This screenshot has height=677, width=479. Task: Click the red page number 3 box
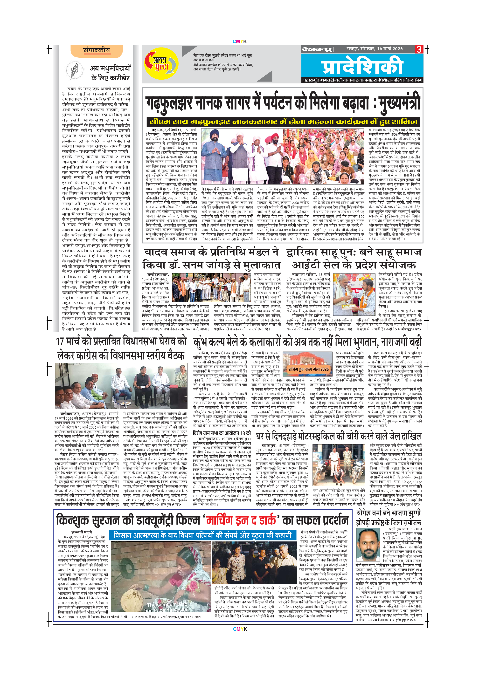(x=418, y=49)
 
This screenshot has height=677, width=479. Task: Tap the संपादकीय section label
(x=97, y=50)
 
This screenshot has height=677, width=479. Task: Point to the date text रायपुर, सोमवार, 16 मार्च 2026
(x=375, y=49)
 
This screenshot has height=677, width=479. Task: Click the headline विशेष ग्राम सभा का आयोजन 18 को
(x=222, y=433)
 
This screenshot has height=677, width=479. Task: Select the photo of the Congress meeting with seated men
(x=121, y=386)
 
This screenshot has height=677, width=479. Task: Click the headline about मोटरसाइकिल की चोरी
(x=339, y=436)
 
